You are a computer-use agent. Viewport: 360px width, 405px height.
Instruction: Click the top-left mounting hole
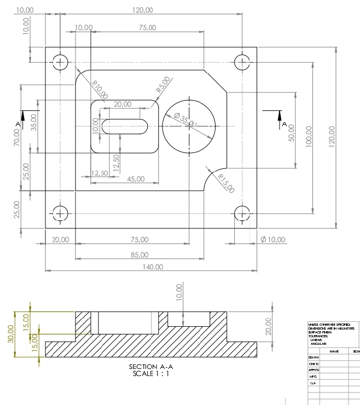coord(60,62)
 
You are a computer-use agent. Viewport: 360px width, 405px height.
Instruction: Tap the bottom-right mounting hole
coord(241,213)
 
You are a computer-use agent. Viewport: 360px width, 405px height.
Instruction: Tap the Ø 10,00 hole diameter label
coord(273,239)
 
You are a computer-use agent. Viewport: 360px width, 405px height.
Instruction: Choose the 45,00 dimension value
coord(135,179)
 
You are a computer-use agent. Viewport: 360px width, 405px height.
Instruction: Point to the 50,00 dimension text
coord(291,133)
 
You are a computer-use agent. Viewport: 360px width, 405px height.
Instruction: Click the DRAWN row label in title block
coord(313,357)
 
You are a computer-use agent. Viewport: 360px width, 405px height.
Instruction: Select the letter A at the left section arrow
coord(18,125)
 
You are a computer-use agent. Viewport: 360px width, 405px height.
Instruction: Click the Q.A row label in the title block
coord(313,383)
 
